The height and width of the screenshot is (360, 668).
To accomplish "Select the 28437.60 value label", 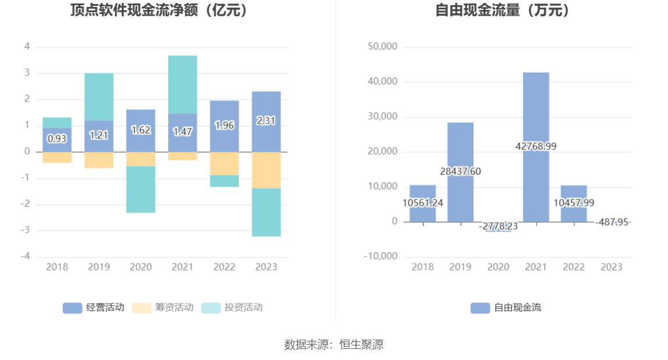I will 460,172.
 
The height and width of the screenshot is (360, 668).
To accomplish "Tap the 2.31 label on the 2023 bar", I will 266,121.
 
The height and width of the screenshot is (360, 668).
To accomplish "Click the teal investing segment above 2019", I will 99,96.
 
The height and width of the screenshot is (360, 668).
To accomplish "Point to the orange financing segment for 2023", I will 266,170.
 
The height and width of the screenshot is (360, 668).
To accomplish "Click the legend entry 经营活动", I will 94,308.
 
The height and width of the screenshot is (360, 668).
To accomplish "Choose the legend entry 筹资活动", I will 163,308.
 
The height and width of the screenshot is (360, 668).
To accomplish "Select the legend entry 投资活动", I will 232,308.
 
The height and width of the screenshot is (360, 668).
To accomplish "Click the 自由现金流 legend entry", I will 506,308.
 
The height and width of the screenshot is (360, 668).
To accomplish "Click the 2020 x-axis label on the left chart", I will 141,267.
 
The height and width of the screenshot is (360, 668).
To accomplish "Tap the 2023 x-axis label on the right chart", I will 611,267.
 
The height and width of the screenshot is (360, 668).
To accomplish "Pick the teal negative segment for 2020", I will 141,190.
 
